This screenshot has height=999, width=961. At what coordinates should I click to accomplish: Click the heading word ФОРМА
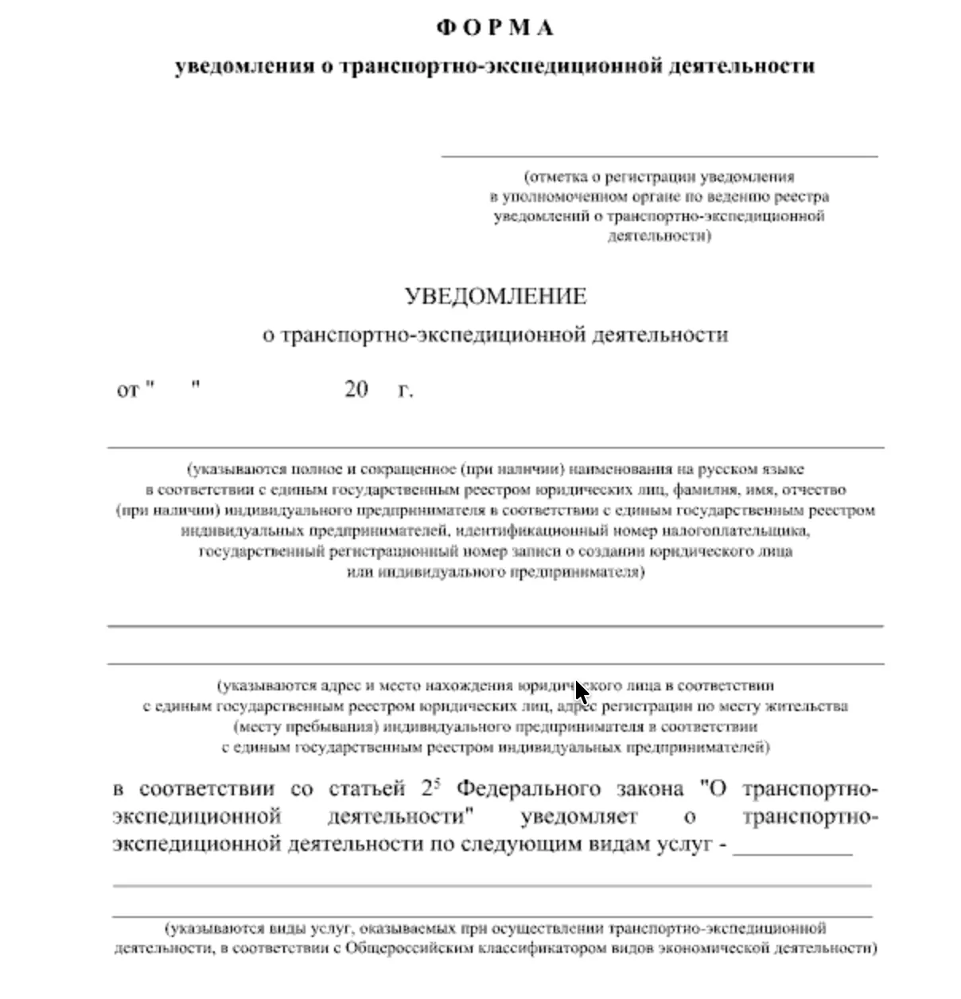click(495, 28)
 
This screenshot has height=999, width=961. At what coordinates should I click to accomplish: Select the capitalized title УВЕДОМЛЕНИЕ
click(495, 297)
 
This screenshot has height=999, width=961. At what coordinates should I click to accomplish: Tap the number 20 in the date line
click(356, 390)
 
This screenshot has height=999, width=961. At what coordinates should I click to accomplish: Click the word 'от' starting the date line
click(127, 391)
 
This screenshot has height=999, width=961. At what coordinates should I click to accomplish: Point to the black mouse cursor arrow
click(582, 692)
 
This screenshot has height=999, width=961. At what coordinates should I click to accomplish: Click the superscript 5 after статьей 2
click(437, 782)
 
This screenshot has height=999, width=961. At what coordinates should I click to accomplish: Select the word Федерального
click(529, 789)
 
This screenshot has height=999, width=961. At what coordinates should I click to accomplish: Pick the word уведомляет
click(579, 817)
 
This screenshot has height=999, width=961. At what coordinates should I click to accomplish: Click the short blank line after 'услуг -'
click(792, 852)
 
